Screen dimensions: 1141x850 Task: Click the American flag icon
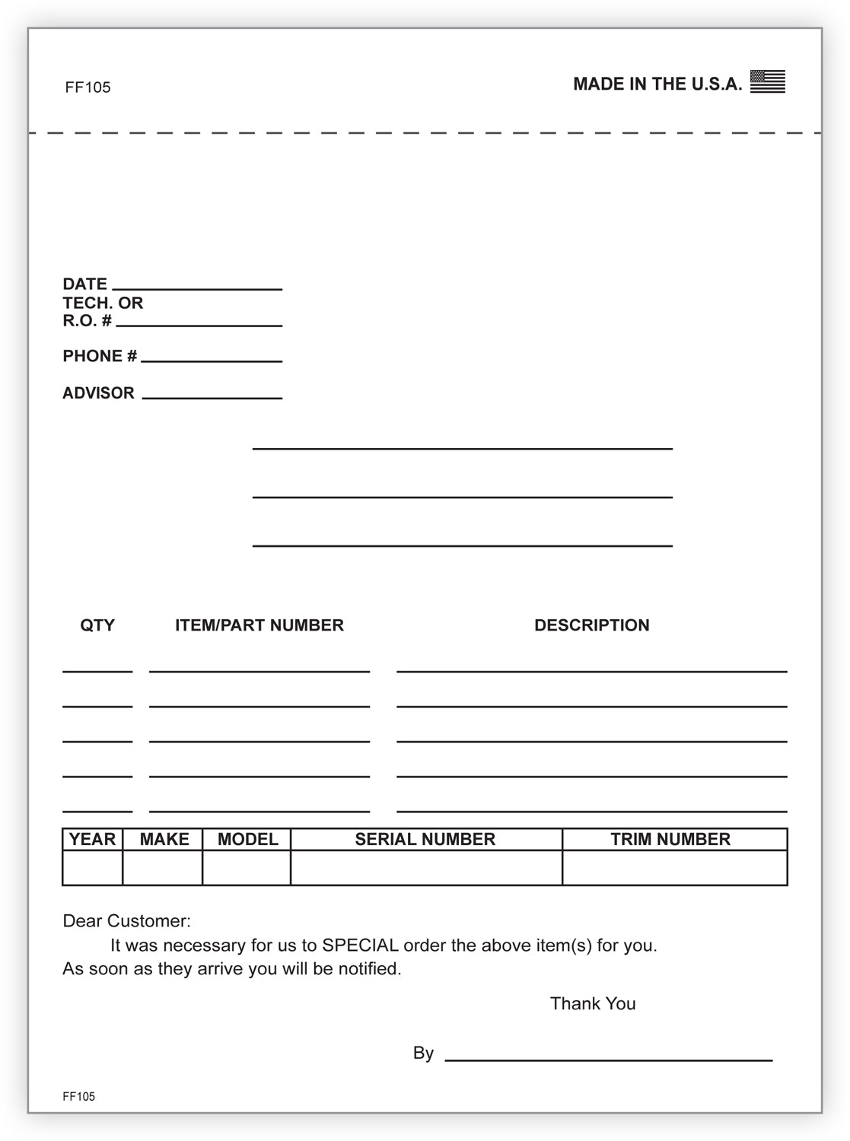(x=767, y=81)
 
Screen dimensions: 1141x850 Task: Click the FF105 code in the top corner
(x=88, y=87)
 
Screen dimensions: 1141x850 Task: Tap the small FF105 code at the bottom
(x=78, y=1096)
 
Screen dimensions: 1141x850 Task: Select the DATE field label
(x=84, y=284)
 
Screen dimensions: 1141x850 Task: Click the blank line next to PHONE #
(x=212, y=359)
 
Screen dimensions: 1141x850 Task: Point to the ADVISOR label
(x=98, y=393)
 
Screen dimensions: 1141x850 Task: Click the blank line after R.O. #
(x=199, y=324)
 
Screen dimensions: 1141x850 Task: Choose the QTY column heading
(x=97, y=625)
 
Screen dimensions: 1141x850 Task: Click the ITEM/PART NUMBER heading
(x=259, y=625)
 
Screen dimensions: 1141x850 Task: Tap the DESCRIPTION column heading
(x=592, y=625)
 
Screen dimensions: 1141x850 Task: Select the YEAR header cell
(x=92, y=839)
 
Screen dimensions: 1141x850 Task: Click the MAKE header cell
(x=164, y=839)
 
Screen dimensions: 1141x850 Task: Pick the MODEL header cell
(x=247, y=839)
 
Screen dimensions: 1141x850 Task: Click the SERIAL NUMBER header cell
(x=425, y=839)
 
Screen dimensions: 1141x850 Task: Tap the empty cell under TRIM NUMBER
(x=674, y=868)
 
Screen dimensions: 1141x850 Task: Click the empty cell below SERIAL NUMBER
(x=426, y=868)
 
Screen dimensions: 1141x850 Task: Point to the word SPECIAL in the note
(x=360, y=946)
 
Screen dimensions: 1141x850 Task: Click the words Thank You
(x=593, y=1003)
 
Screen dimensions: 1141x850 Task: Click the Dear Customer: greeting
(x=126, y=921)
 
